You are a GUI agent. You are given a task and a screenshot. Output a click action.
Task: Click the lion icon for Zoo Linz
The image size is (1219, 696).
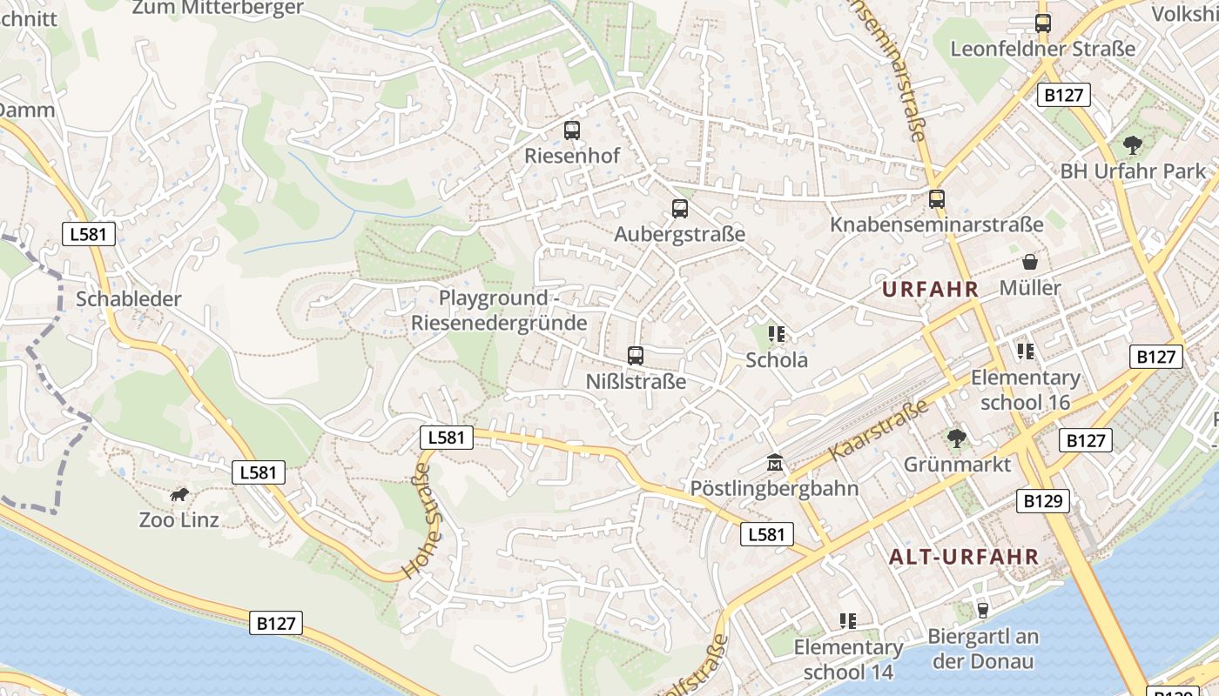tap(179, 495)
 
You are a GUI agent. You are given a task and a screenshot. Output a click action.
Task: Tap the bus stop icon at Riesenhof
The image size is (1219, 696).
tap(571, 130)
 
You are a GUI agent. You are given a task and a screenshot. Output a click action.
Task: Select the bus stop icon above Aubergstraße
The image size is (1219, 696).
tap(680, 209)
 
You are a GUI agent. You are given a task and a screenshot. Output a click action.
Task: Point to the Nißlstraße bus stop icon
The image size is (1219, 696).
tap(636, 355)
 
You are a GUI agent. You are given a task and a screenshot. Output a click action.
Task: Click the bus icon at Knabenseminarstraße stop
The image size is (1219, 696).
tap(936, 199)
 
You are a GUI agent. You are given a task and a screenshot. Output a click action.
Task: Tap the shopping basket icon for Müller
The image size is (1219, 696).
tap(1030, 262)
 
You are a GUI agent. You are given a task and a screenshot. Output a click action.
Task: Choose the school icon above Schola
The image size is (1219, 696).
tap(777, 334)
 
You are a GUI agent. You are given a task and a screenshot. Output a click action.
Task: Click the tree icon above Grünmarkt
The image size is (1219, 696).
tap(957, 438)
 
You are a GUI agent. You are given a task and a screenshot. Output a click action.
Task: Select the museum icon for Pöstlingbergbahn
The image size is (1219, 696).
tap(774, 463)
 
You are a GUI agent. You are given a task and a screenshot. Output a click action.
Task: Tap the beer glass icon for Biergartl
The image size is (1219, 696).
tap(983, 610)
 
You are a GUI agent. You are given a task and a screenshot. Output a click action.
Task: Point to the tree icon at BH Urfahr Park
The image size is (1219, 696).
tap(1132, 145)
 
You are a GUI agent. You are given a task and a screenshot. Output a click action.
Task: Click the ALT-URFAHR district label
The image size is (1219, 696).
tap(963, 557)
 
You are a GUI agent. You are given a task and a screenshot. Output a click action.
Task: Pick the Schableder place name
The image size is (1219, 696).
tap(129, 299)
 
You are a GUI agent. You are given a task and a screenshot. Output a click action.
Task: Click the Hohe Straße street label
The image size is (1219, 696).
tap(418, 521)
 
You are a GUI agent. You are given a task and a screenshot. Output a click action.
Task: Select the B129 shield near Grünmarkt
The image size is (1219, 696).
tap(1042, 501)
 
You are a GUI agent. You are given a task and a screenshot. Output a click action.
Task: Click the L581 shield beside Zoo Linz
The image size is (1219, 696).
tap(259, 472)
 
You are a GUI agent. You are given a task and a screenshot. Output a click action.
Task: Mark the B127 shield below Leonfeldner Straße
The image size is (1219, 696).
tap(1063, 95)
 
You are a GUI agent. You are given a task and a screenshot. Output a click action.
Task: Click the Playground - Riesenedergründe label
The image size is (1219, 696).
tap(499, 311)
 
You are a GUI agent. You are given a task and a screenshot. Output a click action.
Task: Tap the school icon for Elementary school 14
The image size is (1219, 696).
tap(848, 621)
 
